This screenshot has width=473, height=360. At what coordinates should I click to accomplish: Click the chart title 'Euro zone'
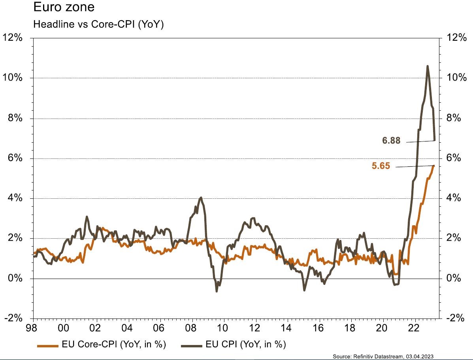coord(64,8)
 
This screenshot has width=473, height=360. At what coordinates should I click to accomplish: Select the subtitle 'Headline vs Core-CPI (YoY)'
coord(98,25)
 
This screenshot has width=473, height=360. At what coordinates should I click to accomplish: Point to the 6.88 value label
coord(391,140)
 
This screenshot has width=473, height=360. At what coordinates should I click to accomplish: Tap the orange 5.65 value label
coord(381,166)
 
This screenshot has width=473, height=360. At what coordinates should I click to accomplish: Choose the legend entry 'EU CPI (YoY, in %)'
coord(245,344)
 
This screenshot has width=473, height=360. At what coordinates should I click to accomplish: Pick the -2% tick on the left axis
coord(13,319)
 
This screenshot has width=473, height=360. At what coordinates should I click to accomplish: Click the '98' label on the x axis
coord(33,328)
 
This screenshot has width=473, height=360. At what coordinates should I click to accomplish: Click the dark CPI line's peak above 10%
coord(428,66)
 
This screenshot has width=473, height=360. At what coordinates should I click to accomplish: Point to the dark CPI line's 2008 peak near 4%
coord(201,198)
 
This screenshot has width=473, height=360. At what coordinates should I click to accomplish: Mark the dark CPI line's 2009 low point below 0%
coord(217,291)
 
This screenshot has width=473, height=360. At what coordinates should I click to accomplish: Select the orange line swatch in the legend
coord(48,345)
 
